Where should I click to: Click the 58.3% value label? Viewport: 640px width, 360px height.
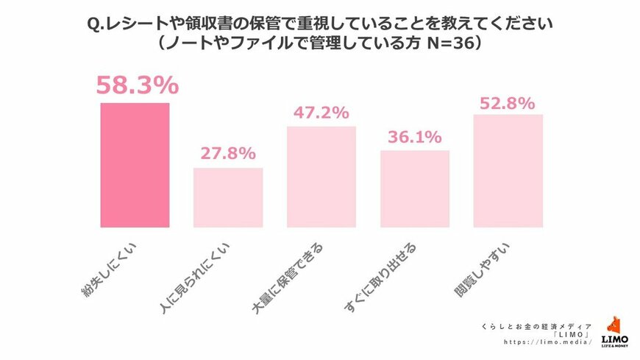[x=137, y=85]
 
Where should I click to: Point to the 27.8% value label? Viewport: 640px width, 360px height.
[x=228, y=154]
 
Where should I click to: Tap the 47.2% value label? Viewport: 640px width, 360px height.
[x=321, y=113]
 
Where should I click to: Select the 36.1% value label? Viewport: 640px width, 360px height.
[x=415, y=137]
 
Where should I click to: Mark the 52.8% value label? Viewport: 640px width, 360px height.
[x=508, y=103]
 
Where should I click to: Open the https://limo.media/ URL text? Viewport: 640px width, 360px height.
[x=548, y=342]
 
